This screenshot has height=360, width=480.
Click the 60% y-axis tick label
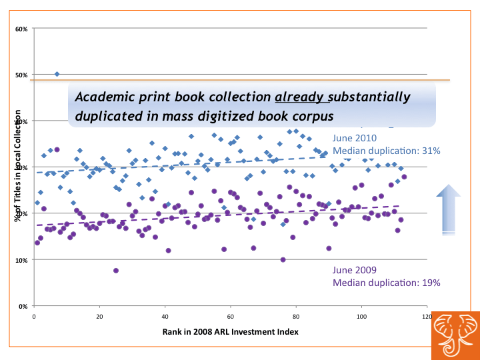pos(21,29)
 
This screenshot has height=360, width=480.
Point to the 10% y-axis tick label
pos(21,260)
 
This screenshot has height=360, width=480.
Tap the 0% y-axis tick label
pos(23,306)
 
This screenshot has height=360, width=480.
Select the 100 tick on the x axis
pos(361,317)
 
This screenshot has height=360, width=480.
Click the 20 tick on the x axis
pos(99,317)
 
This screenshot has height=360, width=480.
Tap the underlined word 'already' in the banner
pos(303,97)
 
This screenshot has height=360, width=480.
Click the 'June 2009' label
pos(355,270)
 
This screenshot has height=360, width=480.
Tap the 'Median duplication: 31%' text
pos(386,151)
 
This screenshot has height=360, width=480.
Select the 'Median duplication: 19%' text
pos(386,283)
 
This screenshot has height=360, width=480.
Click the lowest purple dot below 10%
pos(116,271)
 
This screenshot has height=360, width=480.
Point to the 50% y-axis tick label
pos(21,75)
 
